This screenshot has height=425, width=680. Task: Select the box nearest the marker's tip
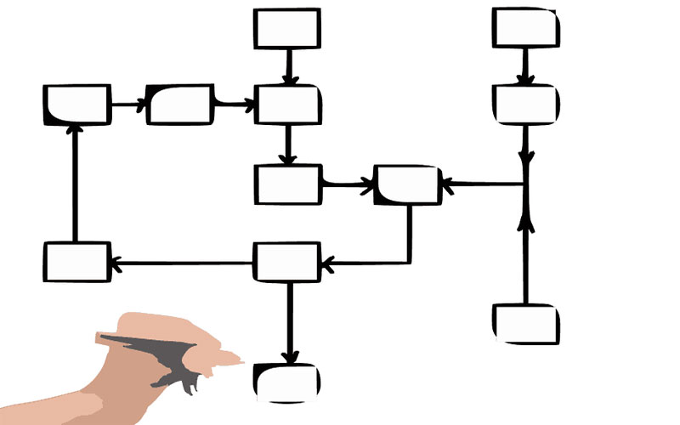tap(287, 382)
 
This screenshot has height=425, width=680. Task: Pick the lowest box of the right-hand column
tap(525, 323)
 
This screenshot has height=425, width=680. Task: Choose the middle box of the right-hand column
tap(525, 104)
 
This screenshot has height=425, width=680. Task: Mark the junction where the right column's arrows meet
tap(526, 184)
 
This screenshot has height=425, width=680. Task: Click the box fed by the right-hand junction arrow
tap(407, 184)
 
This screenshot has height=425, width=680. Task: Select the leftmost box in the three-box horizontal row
tap(76, 105)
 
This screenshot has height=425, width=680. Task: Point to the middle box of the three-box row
tap(179, 105)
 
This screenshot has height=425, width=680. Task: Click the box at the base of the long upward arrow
tap(76, 262)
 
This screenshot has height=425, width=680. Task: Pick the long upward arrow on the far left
tap(76, 183)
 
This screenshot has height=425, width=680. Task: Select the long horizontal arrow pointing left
tap(183, 263)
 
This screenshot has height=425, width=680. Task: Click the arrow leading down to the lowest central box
tap(289, 323)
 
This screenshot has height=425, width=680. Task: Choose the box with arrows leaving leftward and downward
tap(287, 262)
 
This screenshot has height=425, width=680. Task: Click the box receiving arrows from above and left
tap(287, 105)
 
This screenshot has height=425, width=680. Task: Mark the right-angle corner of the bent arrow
tap(409, 262)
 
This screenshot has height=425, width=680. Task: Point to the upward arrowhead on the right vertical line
tap(526, 223)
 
